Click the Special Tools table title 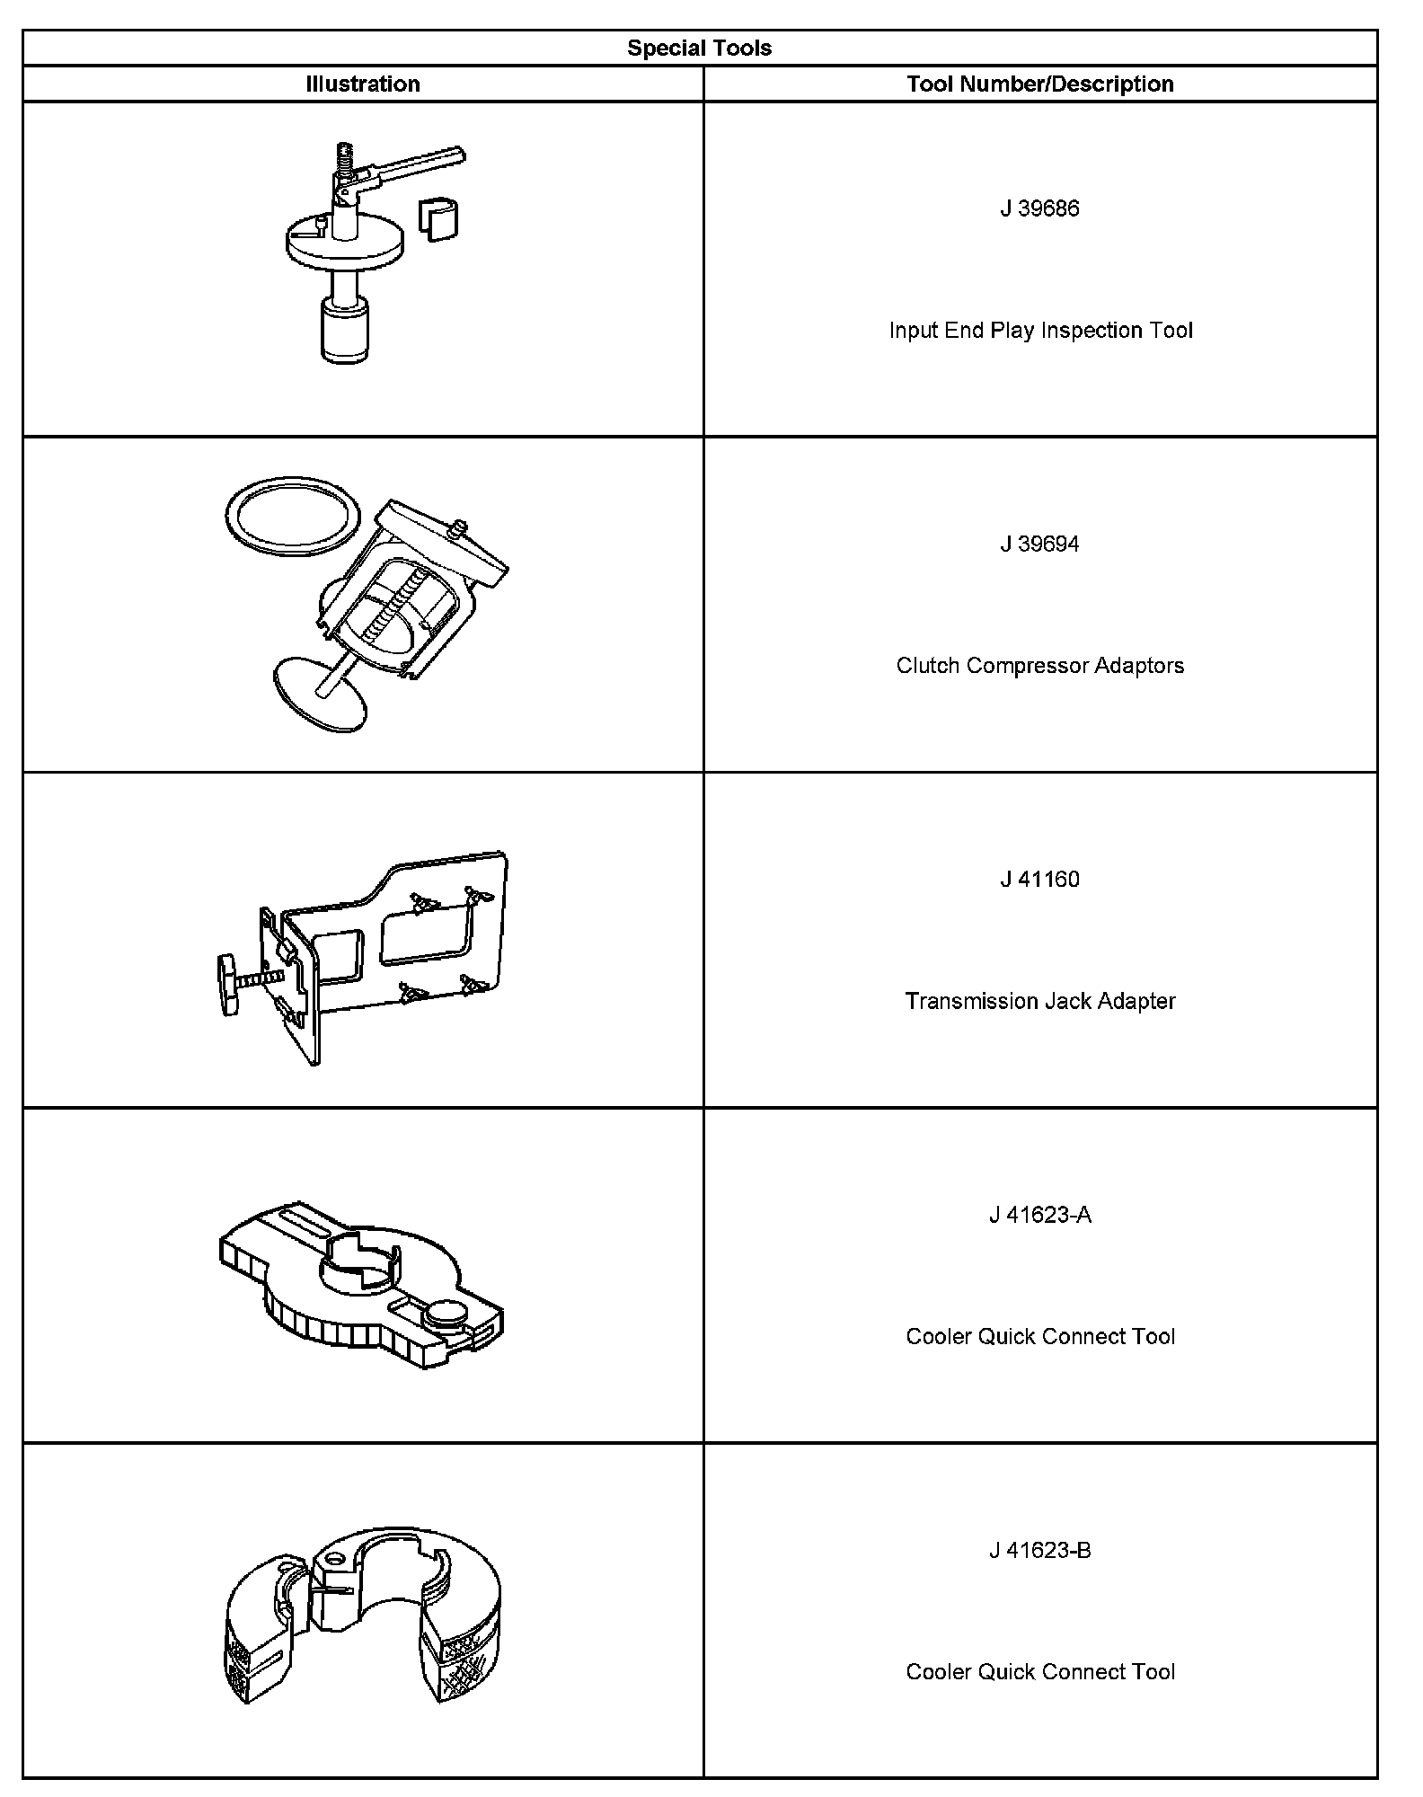pos(699,49)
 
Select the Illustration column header pos(363,84)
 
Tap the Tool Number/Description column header pos(1039,84)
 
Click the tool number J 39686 pos(1039,208)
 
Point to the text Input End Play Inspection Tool pos(1040,331)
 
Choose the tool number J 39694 pos(1039,544)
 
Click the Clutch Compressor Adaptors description pos(1039,666)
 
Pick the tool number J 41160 pos(1039,880)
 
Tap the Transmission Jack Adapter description pos(1039,1001)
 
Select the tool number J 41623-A pos(1039,1216)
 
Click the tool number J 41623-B pos(1039,1551)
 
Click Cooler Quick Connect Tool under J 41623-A pos(1039,1337)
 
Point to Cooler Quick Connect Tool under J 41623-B pos(1039,1672)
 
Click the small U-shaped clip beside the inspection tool pos(438,218)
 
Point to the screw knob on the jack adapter pos(228,986)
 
